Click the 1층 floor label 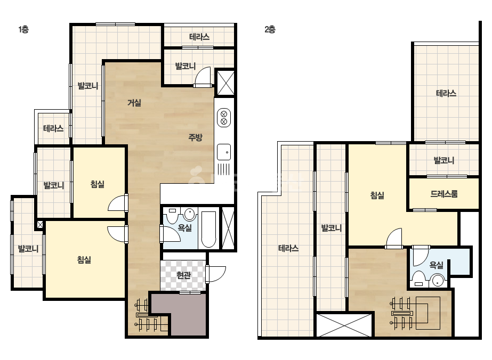pyautogui.click(x=23, y=29)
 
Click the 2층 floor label pyautogui.click(x=270, y=29)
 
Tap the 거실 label pyautogui.click(x=134, y=103)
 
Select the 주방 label pyautogui.click(x=195, y=137)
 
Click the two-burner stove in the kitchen pyautogui.click(x=224, y=118)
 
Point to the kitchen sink pyautogui.click(x=224, y=152)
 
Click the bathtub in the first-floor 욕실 pyautogui.click(x=208, y=229)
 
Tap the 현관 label pyautogui.click(x=183, y=275)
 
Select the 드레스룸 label pyautogui.click(x=444, y=194)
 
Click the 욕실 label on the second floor pyautogui.click(x=436, y=265)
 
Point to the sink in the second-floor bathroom pyautogui.click(x=438, y=280)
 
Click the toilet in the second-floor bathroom pyautogui.click(x=418, y=279)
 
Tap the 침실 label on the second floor pyautogui.click(x=377, y=195)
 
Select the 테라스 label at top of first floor pyautogui.click(x=199, y=37)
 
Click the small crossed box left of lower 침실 pyautogui.click(x=40, y=225)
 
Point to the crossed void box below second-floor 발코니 pyautogui.click(x=344, y=325)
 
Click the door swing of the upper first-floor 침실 pyautogui.click(x=117, y=203)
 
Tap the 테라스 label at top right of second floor pyautogui.click(x=446, y=93)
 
